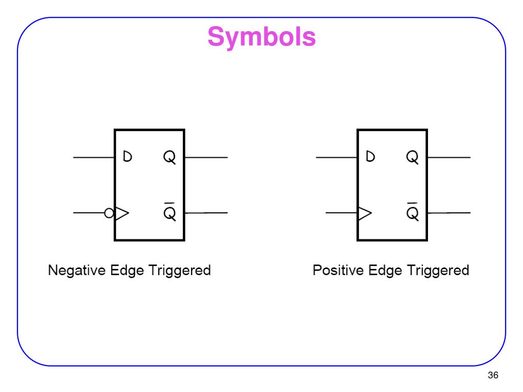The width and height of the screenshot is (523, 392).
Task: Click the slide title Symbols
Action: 261,37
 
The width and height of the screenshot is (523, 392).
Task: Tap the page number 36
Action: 493,375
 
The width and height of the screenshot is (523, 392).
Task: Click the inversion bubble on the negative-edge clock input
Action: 109,213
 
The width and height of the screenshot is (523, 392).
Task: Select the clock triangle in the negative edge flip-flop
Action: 122,213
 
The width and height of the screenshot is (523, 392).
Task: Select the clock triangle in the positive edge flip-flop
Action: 365,213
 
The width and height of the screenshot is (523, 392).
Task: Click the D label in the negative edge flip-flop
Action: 127,156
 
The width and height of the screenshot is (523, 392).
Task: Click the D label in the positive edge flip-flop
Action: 370,156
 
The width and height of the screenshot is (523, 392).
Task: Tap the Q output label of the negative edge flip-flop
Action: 170,157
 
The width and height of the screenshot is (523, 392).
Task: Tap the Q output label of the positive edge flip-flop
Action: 412,157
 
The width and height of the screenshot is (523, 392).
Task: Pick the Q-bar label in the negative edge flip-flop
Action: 170,211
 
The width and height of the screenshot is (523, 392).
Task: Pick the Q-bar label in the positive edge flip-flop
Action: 412,211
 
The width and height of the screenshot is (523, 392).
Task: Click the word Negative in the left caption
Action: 77,271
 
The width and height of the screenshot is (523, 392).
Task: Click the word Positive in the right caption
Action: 338,271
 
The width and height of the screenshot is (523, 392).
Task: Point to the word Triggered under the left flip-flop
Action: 179,271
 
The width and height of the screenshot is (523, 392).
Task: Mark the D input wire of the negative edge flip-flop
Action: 94,157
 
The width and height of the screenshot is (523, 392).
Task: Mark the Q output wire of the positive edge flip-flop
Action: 449,157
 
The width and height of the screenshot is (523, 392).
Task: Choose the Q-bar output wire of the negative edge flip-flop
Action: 206,213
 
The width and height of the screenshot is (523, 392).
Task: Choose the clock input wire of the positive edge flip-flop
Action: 341,213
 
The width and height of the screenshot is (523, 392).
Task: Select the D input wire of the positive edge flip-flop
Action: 337,157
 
